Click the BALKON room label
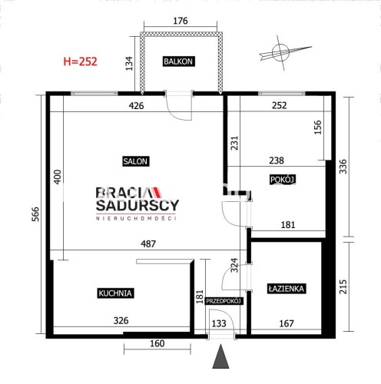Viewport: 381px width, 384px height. (179, 61)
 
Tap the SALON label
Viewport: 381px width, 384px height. (135, 161)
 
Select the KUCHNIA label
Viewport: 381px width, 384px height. (115, 293)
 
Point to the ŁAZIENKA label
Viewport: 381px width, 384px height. (287, 289)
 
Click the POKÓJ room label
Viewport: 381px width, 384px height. (282, 180)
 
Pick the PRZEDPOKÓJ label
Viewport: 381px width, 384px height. (224, 301)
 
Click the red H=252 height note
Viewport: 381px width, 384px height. (80, 61)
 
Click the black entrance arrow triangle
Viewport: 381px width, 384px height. (220, 356)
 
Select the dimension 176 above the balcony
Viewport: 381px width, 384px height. (181, 21)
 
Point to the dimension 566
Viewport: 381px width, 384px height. (35, 214)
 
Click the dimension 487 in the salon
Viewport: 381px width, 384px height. (148, 243)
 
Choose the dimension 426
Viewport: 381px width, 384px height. (136, 105)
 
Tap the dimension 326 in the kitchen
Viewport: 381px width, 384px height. (121, 320)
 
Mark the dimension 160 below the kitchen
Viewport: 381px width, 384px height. (157, 343)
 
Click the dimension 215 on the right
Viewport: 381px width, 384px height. (343, 286)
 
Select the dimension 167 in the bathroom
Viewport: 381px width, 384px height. (287, 323)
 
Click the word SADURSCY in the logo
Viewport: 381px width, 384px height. (137, 205)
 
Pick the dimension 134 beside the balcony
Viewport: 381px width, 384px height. (129, 64)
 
